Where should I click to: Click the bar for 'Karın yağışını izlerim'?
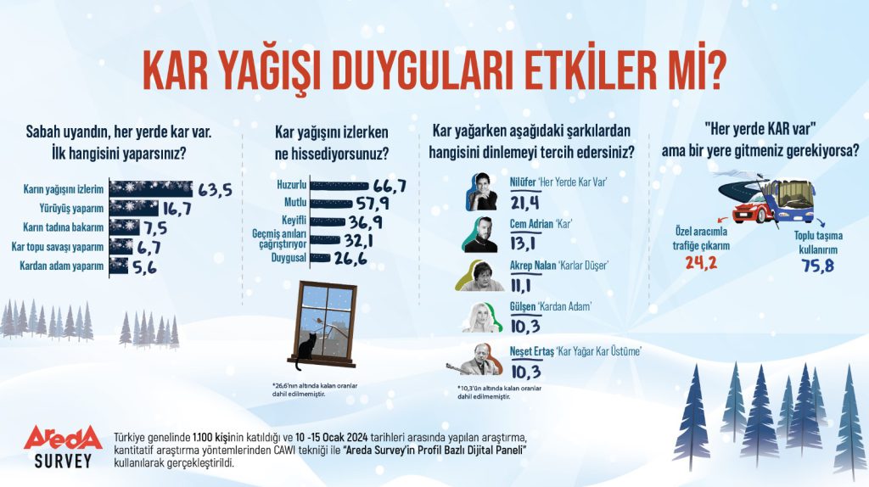pyautogui.click(x=151, y=189)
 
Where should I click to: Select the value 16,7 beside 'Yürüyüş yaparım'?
pyautogui.click(x=177, y=209)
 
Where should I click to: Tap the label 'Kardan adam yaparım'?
pyautogui.click(x=61, y=266)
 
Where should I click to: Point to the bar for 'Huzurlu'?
pyautogui.click(x=339, y=186)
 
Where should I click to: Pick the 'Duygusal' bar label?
pyautogui.click(x=289, y=258)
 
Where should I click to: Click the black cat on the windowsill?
pyautogui.click(x=305, y=350)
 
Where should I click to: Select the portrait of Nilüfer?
pyautogui.click(x=482, y=192)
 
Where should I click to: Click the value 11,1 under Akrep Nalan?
pyautogui.click(x=520, y=285)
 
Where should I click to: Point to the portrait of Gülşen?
pyautogui.click(x=482, y=317)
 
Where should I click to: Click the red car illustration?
pyautogui.click(x=754, y=210)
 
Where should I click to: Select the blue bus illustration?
pyautogui.click(x=792, y=200)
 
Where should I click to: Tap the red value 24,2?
pyautogui.click(x=701, y=262)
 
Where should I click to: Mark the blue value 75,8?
pyautogui.click(x=818, y=266)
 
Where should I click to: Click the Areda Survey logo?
pyautogui.click(x=63, y=446)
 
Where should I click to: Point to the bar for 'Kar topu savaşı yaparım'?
pyautogui.click(x=121, y=246)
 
